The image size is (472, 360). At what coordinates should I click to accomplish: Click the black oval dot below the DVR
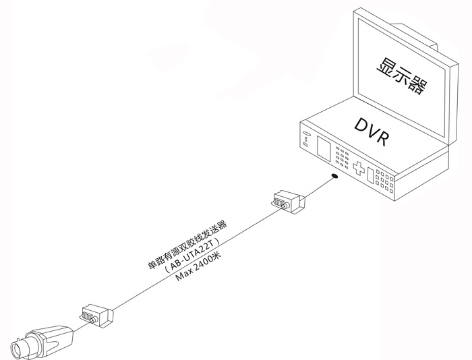[x=334, y=177]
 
